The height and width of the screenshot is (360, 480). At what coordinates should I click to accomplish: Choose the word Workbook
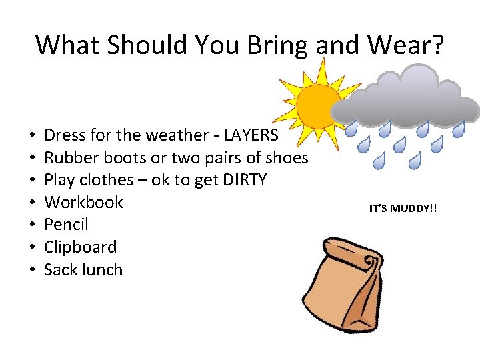tap(83, 202)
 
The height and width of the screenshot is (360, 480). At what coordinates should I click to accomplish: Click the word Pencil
tap(66, 225)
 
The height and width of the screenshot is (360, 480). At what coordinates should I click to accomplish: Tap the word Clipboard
tap(80, 247)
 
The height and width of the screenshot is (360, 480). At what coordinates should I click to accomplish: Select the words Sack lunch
tap(83, 270)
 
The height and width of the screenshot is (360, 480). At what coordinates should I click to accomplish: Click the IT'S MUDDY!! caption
tap(403, 209)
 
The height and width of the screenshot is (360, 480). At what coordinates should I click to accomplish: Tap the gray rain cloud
tap(407, 97)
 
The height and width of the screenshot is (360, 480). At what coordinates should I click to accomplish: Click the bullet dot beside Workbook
tap(32, 203)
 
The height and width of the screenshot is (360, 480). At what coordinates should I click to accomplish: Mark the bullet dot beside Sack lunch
tap(32, 271)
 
